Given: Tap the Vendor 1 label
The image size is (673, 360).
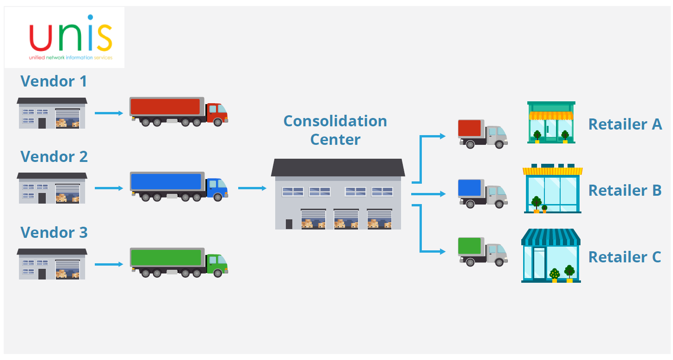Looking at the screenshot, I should [x=54, y=81].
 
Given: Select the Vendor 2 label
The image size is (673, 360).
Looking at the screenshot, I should [x=54, y=156].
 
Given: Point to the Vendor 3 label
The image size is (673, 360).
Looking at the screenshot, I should [x=54, y=232].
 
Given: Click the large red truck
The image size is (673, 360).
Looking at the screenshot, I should [x=179, y=111].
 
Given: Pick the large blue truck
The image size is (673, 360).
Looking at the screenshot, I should [x=179, y=186].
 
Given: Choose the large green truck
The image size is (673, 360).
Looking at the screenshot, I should [x=179, y=262].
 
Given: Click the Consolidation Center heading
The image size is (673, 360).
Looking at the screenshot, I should [x=335, y=130].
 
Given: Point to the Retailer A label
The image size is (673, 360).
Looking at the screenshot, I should [x=625, y=124].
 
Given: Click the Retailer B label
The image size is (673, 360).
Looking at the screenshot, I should [x=625, y=190].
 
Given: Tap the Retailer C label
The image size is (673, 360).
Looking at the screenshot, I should [x=624, y=257].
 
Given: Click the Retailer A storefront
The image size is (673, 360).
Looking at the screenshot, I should [x=551, y=122].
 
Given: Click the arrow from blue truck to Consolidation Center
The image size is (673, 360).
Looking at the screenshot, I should [x=252, y=188].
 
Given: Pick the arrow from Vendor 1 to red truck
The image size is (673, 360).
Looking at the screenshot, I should [x=109, y=113].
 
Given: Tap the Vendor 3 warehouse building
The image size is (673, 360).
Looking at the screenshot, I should [x=52, y=264].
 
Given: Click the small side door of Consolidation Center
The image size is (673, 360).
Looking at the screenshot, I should [x=289, y=224].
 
